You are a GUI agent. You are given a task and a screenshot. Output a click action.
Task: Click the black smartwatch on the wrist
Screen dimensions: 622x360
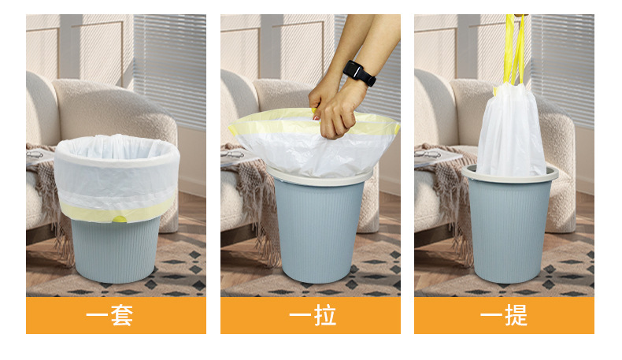pos(359,73)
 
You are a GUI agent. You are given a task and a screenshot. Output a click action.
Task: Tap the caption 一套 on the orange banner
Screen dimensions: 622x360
pos(109,316)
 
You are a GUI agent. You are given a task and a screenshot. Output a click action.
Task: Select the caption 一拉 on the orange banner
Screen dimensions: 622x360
pos(313,316)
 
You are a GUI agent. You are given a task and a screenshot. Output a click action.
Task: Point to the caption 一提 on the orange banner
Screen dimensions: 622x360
pos(504,316)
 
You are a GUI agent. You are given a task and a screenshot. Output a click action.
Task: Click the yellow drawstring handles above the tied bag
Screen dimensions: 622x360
pos(514,50)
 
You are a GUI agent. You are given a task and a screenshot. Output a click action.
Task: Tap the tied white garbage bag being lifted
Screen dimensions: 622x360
pos(511,131)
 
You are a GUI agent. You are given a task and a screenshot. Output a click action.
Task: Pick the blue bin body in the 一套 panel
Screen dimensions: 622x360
pos(115,250)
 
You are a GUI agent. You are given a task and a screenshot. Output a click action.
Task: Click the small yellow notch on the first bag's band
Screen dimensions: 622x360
pos(119,219)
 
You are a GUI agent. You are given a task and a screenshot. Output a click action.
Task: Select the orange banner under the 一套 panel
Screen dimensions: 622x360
pos(116,316)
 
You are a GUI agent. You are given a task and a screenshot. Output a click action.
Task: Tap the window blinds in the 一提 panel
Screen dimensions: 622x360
pos(563,68)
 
